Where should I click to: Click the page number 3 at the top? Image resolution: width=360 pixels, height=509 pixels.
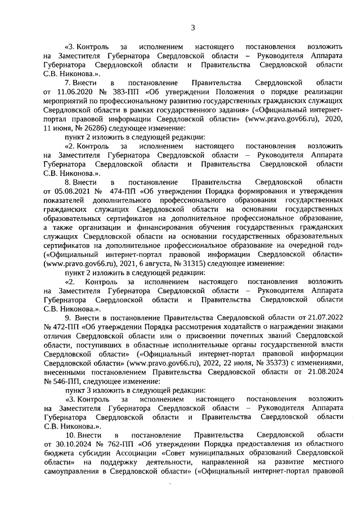click(192, 26)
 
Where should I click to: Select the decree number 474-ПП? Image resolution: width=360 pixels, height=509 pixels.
click(124, 191)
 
